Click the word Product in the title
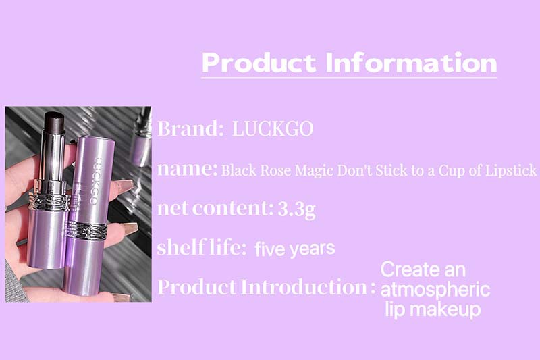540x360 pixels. [259, 63]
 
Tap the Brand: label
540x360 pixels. [190, 128]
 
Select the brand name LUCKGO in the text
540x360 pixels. [273, 128]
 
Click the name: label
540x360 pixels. [188, 169]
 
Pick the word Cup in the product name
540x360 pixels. [450, 171]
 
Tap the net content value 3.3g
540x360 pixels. [296, 209]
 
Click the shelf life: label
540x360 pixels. [201, 247]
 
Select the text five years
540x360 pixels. [295, 249]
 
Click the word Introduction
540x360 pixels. [304, 286]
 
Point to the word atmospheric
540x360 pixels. [435, 289]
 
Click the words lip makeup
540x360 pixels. [433, 309]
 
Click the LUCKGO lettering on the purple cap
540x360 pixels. [92, 180]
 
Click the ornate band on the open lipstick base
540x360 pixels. [49, 201]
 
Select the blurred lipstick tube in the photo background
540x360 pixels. [142, 137]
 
